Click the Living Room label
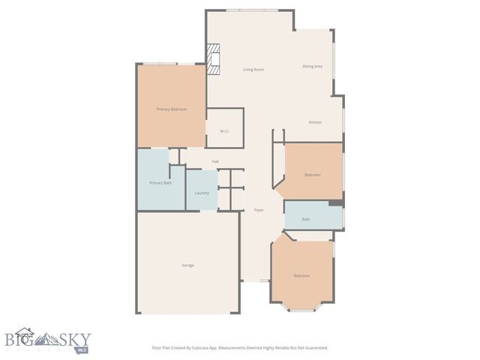pos(253,70)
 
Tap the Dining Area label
pos(312,67)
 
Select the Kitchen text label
pos(315,122)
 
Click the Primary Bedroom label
pos(171,109)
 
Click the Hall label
pos(215,161)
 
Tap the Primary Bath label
pos(160,183)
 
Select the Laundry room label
pos(202,193)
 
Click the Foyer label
pos(258,210)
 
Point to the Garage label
pos(187,265)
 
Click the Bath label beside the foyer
pos(306,219)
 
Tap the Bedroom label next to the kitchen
pos(312,175)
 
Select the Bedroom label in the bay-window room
pos(301,276)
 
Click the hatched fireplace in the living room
pos(214,59)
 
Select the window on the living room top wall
pos(251,10)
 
